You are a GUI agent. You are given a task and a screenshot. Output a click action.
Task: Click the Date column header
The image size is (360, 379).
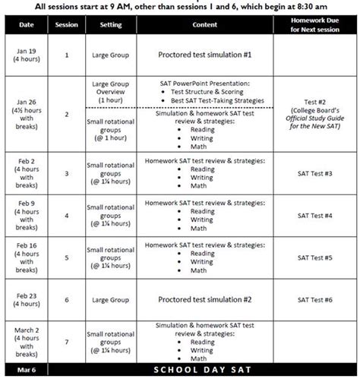[x=26, y=25]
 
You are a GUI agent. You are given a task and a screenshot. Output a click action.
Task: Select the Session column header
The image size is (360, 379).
[x=66, y=25]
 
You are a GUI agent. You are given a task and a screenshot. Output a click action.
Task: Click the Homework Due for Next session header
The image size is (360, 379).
[x=314, y=25]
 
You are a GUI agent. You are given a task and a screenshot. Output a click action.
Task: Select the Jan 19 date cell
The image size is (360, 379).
[x=26, y=55]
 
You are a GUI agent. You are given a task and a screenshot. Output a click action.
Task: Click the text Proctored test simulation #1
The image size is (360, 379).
[x=204, y=55]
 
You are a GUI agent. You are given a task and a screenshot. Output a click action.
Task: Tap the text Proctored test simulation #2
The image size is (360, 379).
[x=204, y=300]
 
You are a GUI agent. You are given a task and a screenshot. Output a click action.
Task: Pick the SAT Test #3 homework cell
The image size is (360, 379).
[x=314, y=173]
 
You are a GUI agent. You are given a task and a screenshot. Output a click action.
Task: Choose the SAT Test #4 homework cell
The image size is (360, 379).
[x=314, y=216]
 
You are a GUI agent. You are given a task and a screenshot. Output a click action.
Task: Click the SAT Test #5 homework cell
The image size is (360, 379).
[x=314, y=257]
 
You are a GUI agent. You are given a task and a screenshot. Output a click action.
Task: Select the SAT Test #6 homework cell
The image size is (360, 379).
[x=314, y=300]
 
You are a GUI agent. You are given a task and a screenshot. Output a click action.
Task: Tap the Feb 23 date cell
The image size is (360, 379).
[x=26, y=300]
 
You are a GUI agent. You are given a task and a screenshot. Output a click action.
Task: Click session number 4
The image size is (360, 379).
[x=66, y=216]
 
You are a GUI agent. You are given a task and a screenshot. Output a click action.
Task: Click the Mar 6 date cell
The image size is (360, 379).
[x=26, y=370]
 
